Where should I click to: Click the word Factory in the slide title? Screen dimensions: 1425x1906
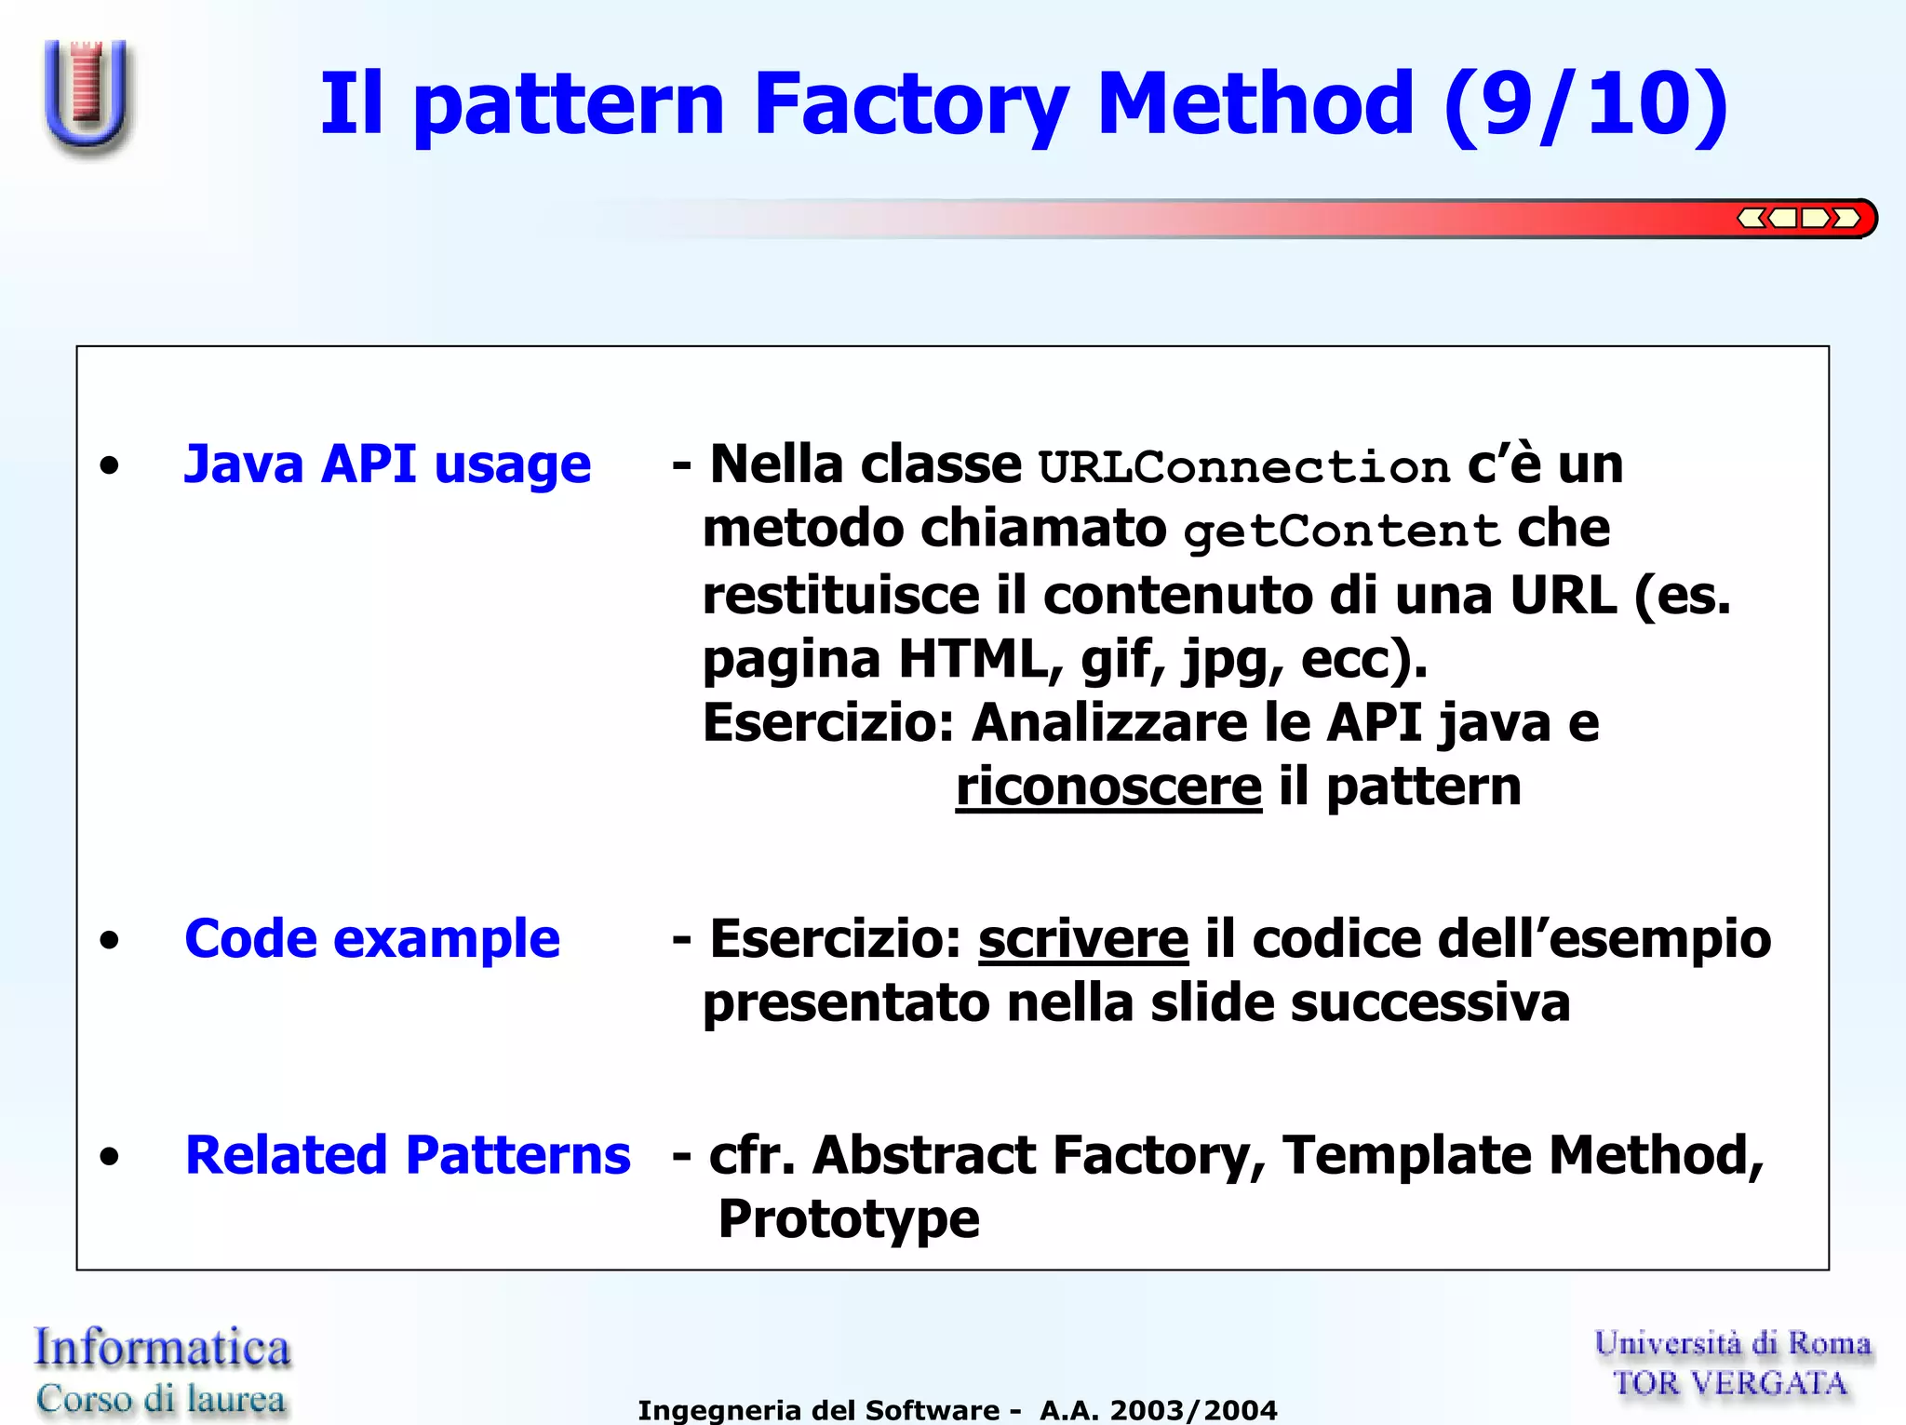tap(911, 104)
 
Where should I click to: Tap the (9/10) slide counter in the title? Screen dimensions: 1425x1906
tap(1586, 104)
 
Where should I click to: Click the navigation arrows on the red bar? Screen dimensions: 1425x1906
tap(1798, 219)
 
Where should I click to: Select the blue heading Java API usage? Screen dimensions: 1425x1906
tap(387, 464)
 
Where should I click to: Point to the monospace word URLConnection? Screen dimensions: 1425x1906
tap(1244, 467)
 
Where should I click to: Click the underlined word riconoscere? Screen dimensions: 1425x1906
tap(1108, 786)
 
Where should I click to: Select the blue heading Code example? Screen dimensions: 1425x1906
tap(372, 938)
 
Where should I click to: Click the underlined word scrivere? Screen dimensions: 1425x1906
tap(1083, 938)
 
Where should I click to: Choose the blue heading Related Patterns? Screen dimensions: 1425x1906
tap(408, 1155)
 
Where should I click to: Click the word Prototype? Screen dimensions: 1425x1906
tap(849, 1219)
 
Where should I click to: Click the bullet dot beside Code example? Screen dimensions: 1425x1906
tap(110, 940)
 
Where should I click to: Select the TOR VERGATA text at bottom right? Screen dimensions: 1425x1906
tap(1730, 1384)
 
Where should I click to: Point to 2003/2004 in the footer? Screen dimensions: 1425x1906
tap(1193, 1410)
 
